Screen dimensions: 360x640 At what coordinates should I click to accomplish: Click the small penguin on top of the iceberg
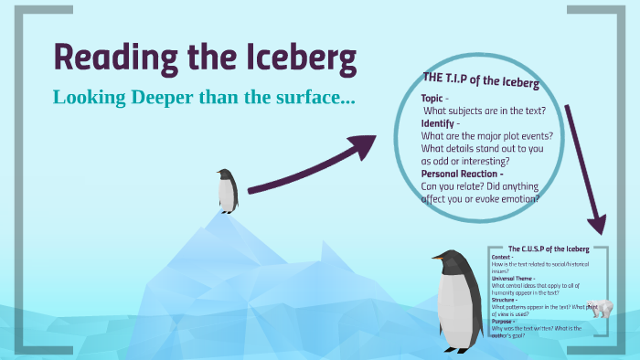[x=227, y=190]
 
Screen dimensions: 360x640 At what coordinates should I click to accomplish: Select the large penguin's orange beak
[x=440, y=259]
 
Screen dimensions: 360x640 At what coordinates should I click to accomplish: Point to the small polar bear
[x=600, y=309]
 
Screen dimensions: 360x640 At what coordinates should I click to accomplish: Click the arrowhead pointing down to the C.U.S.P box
[x=598, y=226]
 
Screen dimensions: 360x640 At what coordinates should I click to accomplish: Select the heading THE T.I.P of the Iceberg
[x=479, y=81]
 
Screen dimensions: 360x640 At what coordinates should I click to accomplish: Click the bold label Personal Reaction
[x=462, y=174]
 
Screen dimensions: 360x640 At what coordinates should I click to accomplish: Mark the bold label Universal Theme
[x=514, y=278]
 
